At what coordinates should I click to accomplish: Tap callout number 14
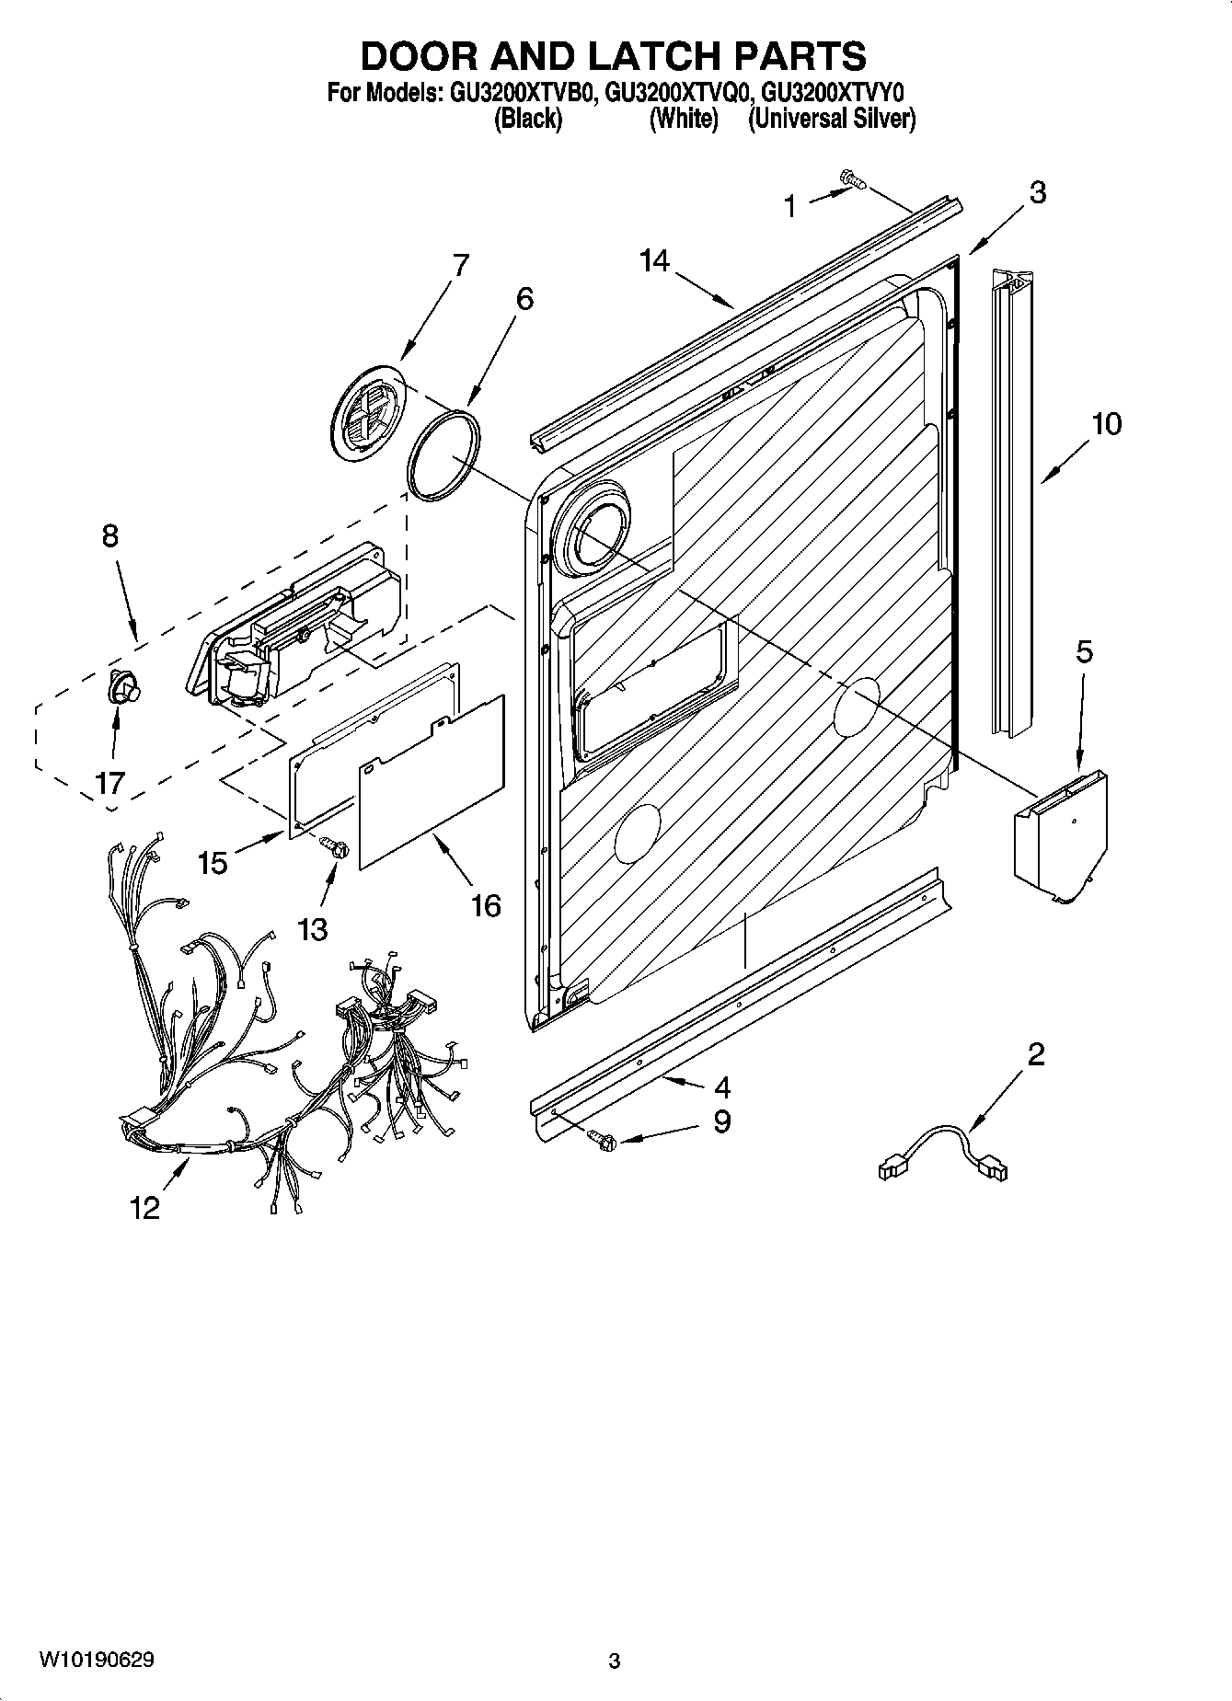click(655, 262)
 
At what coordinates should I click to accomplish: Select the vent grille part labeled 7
click(369, 411)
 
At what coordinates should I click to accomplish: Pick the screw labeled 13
click(337, 847)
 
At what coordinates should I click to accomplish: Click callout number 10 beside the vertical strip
click(1107, 424)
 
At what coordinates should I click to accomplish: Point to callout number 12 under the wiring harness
click(145, 1207)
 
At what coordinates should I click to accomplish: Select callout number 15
click(213, 862)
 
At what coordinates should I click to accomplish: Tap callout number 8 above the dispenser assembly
click(109, 535)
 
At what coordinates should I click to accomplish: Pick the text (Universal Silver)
click(831, 119)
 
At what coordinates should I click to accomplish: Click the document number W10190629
click(97, 1660)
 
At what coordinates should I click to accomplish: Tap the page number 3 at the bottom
click(614, 1661)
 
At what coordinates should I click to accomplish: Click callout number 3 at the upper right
click(1037, 192)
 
